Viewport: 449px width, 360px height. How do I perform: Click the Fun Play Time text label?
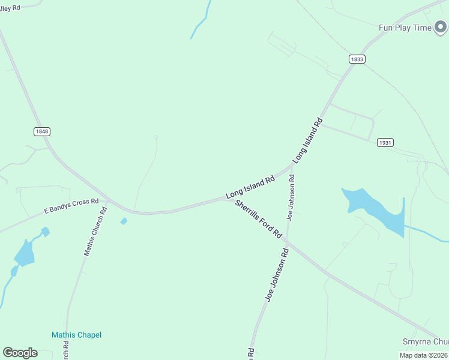405,28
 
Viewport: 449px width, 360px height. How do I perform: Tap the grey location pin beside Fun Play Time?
441,28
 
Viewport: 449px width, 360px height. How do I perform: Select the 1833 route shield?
357,59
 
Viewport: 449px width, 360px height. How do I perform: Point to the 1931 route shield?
385,142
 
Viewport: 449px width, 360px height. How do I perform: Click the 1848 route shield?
42,131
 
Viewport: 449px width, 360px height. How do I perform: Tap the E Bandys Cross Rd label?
71,206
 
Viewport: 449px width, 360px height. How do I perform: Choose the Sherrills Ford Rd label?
259,220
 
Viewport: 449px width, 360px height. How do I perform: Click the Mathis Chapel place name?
76,335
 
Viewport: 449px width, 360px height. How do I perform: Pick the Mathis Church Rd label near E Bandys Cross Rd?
95,232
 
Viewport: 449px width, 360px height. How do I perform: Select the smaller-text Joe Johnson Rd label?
291,197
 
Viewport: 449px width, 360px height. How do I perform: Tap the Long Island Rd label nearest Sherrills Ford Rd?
250,187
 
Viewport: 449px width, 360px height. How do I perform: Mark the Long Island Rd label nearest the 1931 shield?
308,141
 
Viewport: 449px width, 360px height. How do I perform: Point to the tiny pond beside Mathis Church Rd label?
124,221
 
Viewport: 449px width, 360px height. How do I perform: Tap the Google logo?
20,353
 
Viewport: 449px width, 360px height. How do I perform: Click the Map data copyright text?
423,355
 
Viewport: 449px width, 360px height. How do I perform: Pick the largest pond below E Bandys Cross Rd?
25,254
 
